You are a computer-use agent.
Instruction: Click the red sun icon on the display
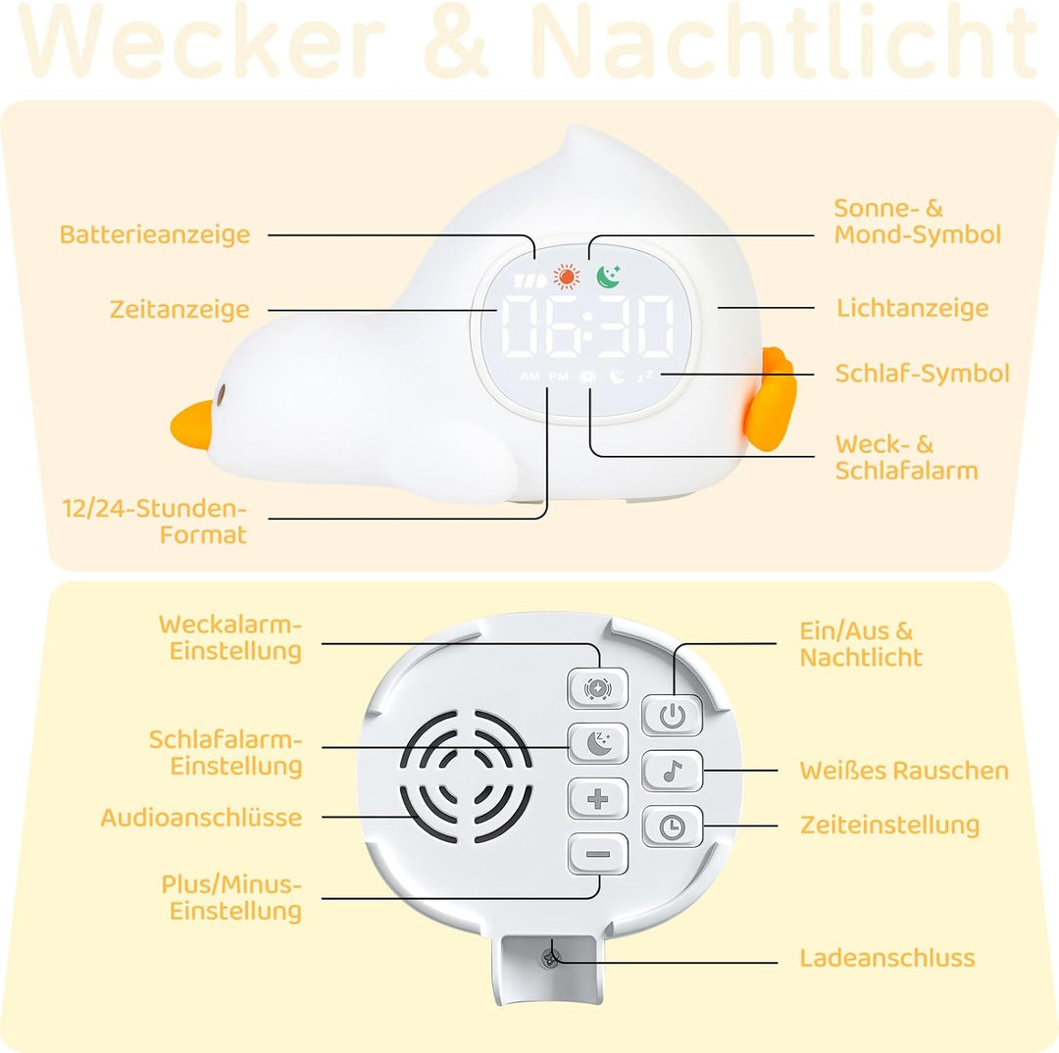[567, 276]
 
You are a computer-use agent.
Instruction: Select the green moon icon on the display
[609, 276]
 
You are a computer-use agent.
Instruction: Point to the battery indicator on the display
[529, 280]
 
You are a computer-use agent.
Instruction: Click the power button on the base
[672, 715]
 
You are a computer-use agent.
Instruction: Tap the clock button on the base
[672, 827]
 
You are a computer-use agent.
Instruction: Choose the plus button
[598, 799]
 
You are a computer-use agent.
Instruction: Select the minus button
[598, 854]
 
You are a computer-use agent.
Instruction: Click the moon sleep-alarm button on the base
[598, 743]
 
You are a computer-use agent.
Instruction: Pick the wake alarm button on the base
[598, 688]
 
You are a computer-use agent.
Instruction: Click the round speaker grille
[467, 777]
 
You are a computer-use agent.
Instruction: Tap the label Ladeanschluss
[887, 958]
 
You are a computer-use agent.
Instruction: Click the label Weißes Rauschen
[904, 771]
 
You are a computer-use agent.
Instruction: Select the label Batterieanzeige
[155, 234]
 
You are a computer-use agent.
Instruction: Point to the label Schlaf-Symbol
[923, 373]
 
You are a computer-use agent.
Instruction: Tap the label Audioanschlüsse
[201, 818]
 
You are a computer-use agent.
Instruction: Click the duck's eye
[221, 392]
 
